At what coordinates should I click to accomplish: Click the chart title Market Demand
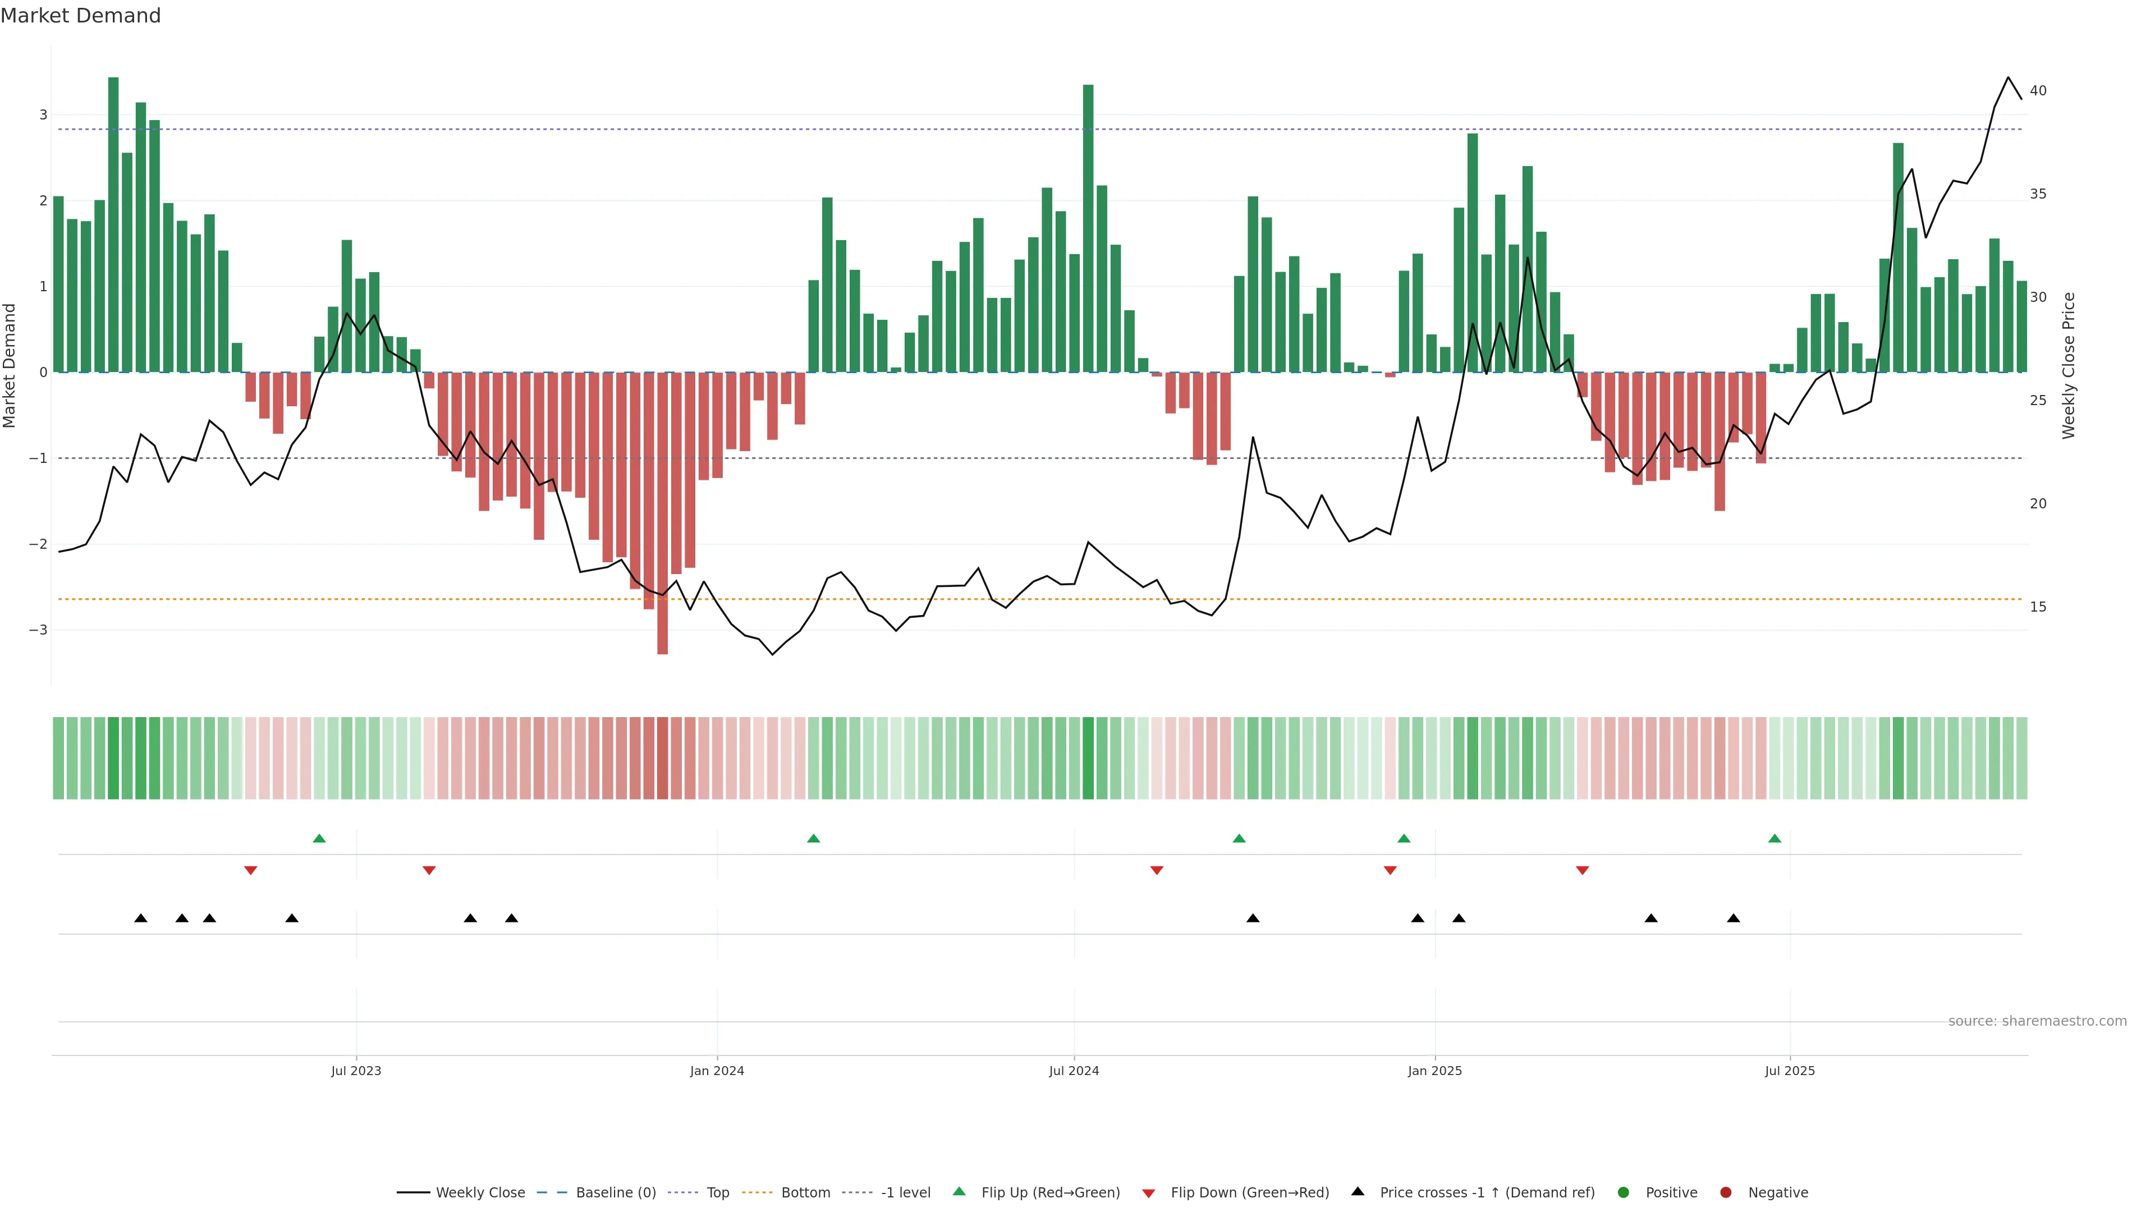(80, 16)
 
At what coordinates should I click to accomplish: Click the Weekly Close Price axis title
(2068, 365)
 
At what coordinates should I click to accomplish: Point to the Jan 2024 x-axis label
(717, 1071)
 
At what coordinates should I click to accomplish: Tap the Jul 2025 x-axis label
(1790, 1071)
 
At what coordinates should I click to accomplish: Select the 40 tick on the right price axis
(2038, 91)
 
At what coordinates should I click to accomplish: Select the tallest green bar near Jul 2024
(1088, 227)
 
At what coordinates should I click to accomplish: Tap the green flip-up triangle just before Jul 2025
(1775, 838)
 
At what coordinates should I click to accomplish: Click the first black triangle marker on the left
(140, 919)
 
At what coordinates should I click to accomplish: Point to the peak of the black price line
(2008, 78)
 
